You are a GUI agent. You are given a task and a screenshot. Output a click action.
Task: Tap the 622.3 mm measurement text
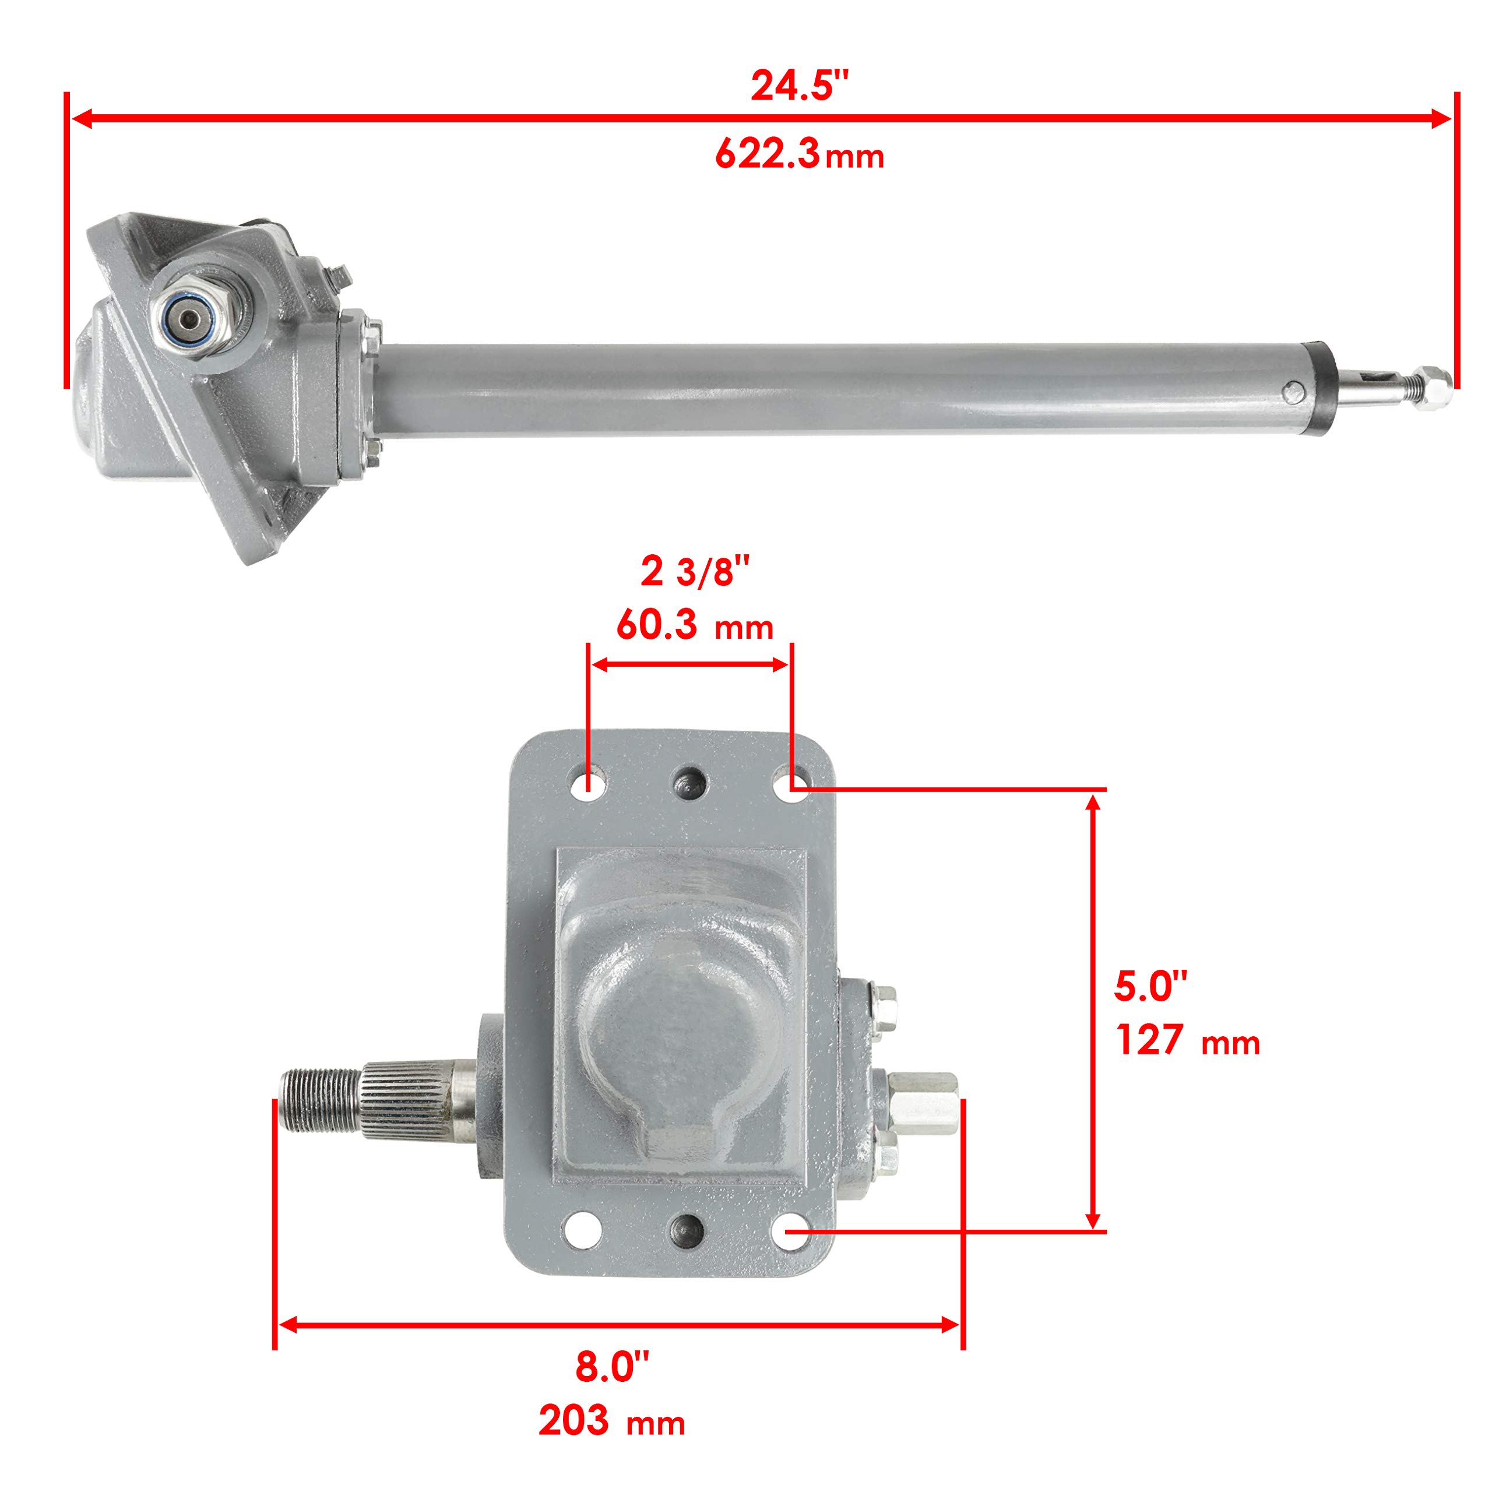click(799, 154)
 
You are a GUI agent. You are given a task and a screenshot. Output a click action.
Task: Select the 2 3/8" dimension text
click(695, 572)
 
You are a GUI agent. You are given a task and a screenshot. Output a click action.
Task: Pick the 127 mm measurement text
click(1187, 1040)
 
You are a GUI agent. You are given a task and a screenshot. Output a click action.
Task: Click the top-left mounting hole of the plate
click(587, 786)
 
